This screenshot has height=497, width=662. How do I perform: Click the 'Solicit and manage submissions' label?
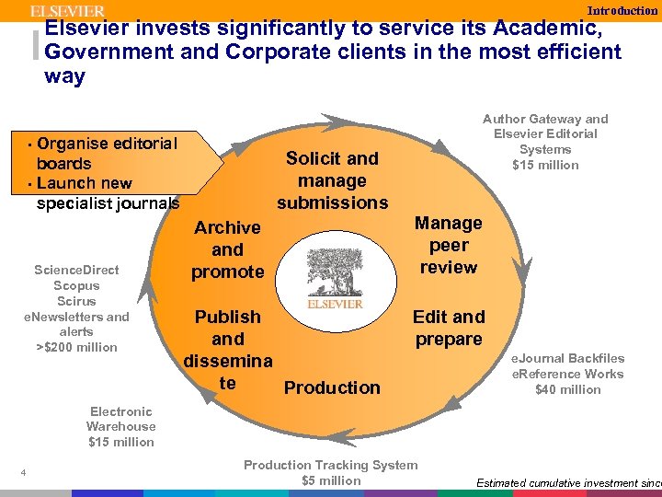(x=332, y=180)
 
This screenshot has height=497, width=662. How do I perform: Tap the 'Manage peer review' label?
(x=448, y=245)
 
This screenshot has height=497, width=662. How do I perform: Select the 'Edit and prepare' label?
(x=448, y=328)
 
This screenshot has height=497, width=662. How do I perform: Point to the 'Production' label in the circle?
(x=332, y=387)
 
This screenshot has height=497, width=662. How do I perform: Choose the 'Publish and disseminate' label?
(x=228, y=349)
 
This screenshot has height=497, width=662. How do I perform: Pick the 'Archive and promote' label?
(x=228, y=249)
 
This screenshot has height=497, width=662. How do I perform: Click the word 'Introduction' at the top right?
(x=622, y=10)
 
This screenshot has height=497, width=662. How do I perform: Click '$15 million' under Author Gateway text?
(x=545, y=165)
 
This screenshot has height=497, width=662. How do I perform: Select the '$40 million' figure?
(x=567, y=389)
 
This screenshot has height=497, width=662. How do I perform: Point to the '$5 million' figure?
(x=331, y=480)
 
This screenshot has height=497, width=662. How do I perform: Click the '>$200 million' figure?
(x=76, y=347)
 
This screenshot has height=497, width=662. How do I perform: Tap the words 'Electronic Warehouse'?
(x=121, y=419)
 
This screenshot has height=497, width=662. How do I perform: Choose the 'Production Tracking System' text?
(x=330, y=465)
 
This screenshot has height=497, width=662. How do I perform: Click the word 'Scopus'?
(x=76, y=285)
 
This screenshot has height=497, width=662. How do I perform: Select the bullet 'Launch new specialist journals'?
(x=108, y=192)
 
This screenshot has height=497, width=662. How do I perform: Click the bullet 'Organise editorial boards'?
(x=106, y=153)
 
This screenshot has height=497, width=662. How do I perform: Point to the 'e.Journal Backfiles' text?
(x=567, y=358)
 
